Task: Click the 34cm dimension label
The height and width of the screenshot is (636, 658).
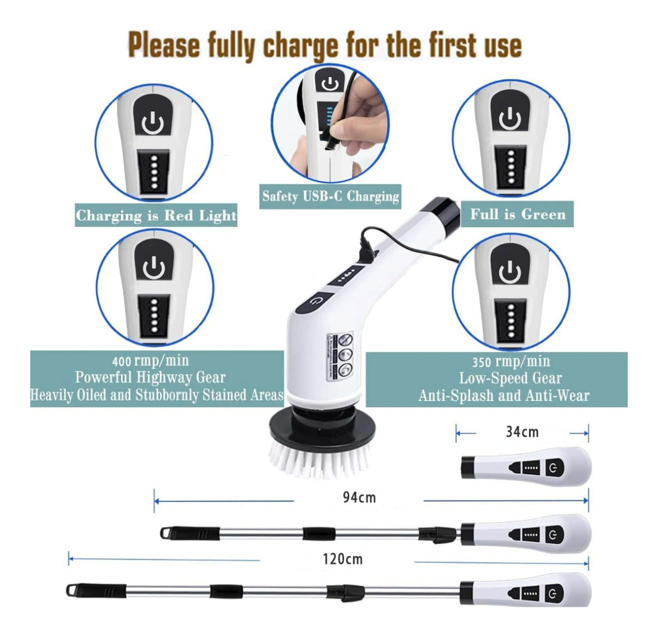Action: pos(521,432)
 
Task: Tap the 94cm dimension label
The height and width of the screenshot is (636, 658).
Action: pos(359,497)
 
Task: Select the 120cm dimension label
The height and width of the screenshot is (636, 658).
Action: pos(343,559)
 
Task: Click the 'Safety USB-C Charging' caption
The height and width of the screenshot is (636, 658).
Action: pos(331,196)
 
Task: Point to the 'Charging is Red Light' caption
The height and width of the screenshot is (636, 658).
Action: pos(156,215)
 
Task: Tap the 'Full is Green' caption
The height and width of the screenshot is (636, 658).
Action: pos(518,214)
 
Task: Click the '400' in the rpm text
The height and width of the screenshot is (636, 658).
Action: pos(121,362)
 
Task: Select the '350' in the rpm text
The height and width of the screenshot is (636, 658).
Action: pos(481,362)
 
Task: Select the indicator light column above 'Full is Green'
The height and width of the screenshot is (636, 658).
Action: pos(511,168)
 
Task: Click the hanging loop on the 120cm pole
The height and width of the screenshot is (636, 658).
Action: pos(71,589)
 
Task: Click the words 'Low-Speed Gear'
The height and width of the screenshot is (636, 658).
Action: pos(510,378)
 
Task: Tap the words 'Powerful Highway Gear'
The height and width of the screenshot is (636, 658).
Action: pos(150,377)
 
